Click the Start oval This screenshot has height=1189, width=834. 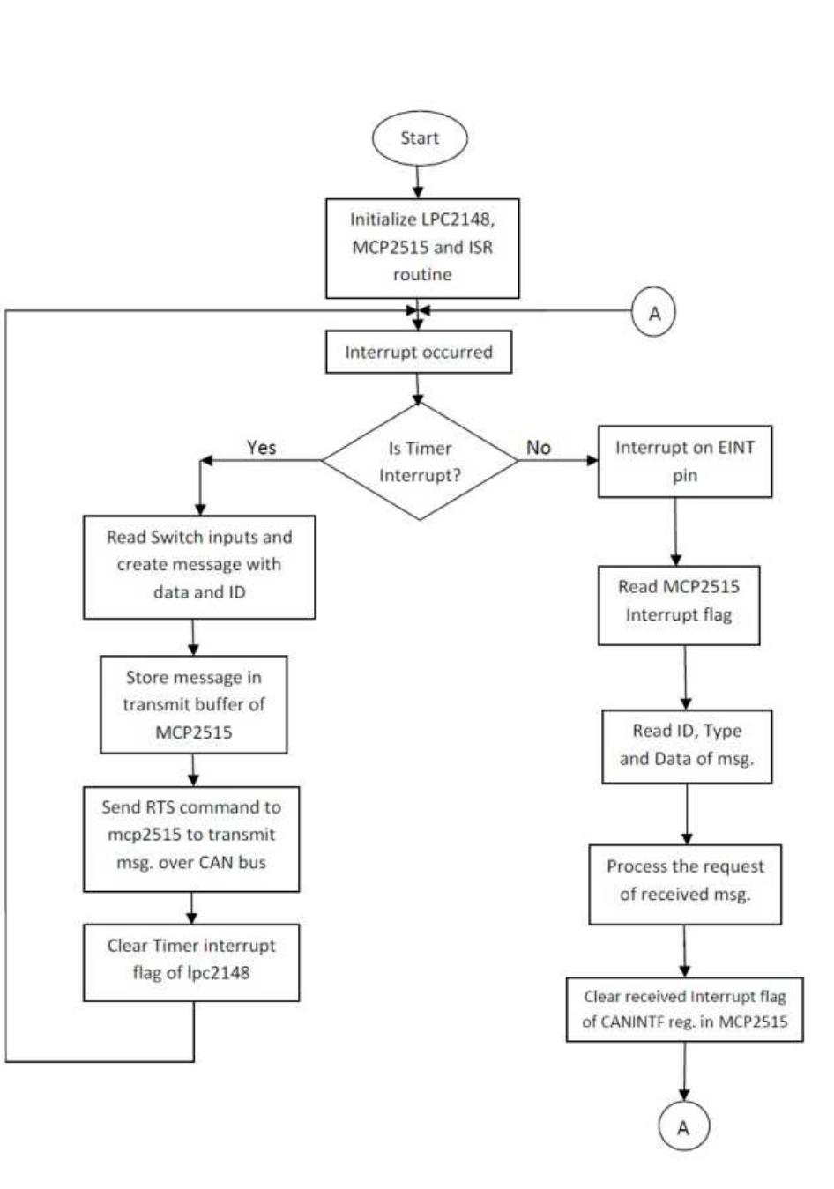tap(419, 138)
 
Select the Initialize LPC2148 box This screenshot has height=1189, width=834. tap(422, 248)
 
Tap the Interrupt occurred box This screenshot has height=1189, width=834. tap(418, 353)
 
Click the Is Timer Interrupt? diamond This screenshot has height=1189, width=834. tap(420, 461)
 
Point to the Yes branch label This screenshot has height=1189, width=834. tap(261, 448)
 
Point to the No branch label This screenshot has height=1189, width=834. tap(538, 448)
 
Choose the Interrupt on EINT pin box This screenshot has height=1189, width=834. tap(684, 461)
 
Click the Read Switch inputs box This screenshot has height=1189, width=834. tap(199, 565)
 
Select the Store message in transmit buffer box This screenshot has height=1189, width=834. tap(193, 704)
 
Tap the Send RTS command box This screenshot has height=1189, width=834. tap(191, 835)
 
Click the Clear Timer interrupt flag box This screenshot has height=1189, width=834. tap(191, 960)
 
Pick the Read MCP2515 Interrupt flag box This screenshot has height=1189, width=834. tap(678, 601)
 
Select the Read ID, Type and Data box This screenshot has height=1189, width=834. tap(686, 745)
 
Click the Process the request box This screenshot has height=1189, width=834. tap(685, 881)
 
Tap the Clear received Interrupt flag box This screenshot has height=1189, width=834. tap(684, 1009)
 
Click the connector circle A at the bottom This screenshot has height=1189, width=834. tap(683, 1127)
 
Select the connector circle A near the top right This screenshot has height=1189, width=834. tap(653, 314)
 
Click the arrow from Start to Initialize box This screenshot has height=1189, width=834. tap(419, 182)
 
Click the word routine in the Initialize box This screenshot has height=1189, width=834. tap(421, 275)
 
